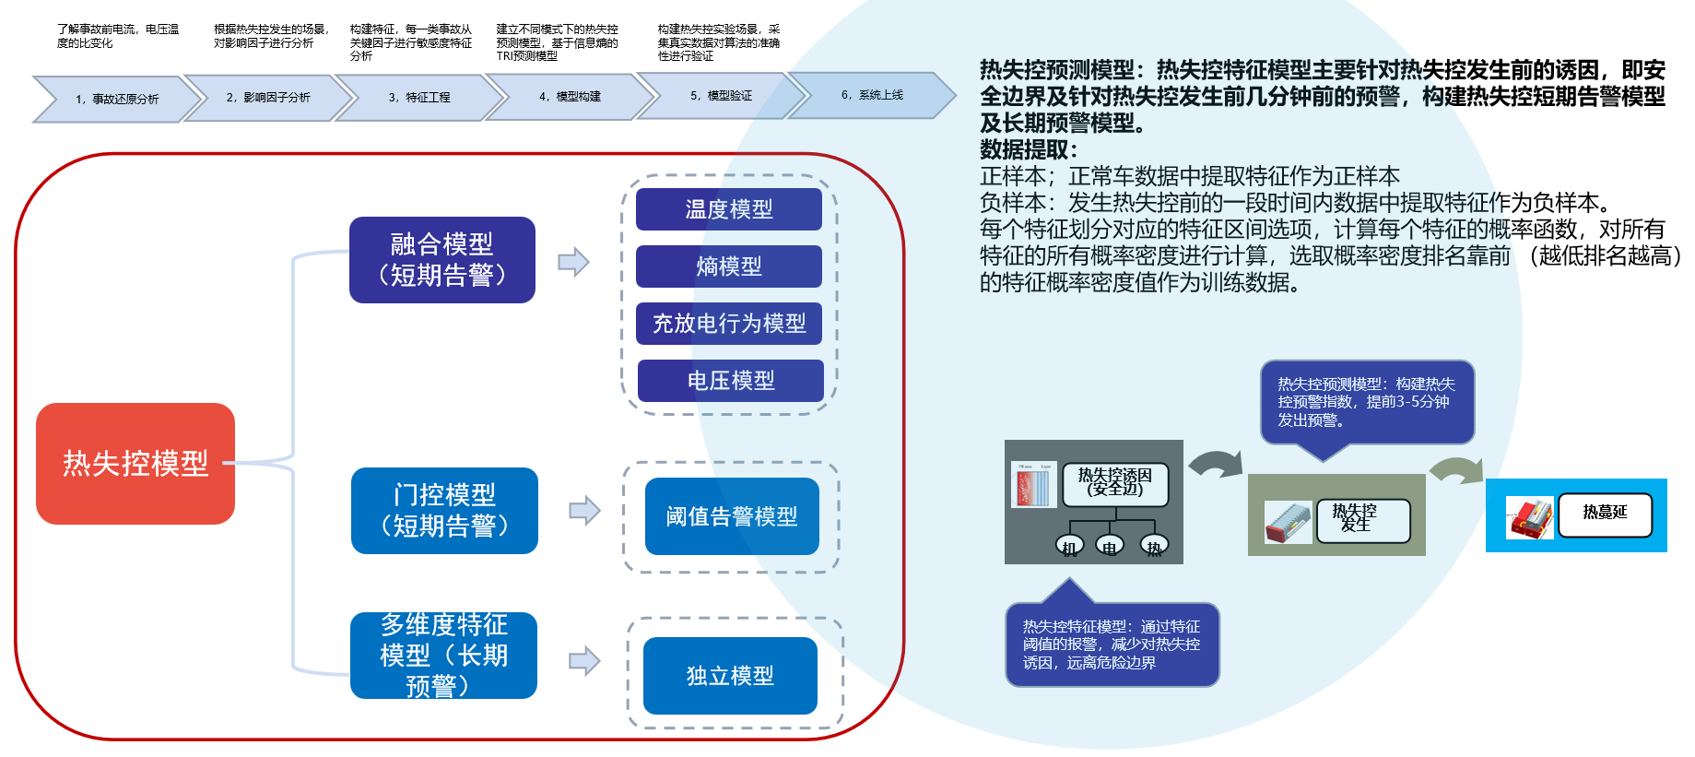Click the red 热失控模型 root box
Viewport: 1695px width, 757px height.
135,463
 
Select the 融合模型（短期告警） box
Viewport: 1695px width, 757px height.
441,260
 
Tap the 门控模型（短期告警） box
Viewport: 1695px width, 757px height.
444,511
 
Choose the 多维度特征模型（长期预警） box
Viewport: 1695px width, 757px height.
443,656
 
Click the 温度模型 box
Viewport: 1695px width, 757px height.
728,209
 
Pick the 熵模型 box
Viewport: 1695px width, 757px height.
728,266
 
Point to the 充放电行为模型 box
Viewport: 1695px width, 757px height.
728,324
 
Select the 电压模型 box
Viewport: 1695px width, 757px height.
730,381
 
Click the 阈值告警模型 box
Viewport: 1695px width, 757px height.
732,516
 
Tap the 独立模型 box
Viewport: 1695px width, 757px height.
730,676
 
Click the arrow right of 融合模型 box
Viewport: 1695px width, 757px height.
573,262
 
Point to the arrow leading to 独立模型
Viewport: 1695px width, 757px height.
584,661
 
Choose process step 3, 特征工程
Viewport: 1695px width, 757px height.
419,97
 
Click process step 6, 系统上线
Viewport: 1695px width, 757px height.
872,95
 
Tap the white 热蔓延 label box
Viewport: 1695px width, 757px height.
1605,515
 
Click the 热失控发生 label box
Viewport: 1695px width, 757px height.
1363,520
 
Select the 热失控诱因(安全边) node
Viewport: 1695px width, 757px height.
1114,484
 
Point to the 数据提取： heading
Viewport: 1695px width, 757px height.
1029,149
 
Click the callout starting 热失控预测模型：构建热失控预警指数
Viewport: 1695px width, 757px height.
1367,402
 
